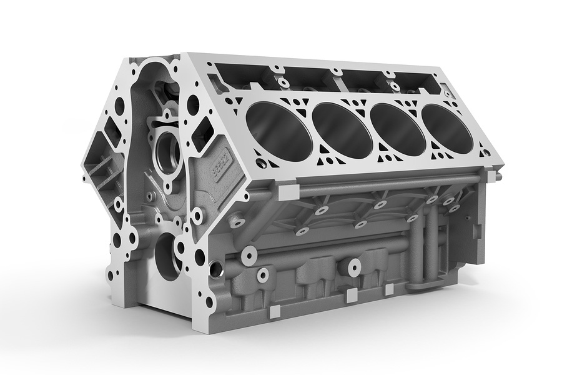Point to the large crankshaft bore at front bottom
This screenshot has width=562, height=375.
point(167,256)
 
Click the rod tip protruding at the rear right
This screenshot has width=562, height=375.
point(498,177)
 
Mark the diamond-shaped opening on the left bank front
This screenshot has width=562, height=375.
point(114,132)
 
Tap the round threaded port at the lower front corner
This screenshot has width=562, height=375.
point(215,269)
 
